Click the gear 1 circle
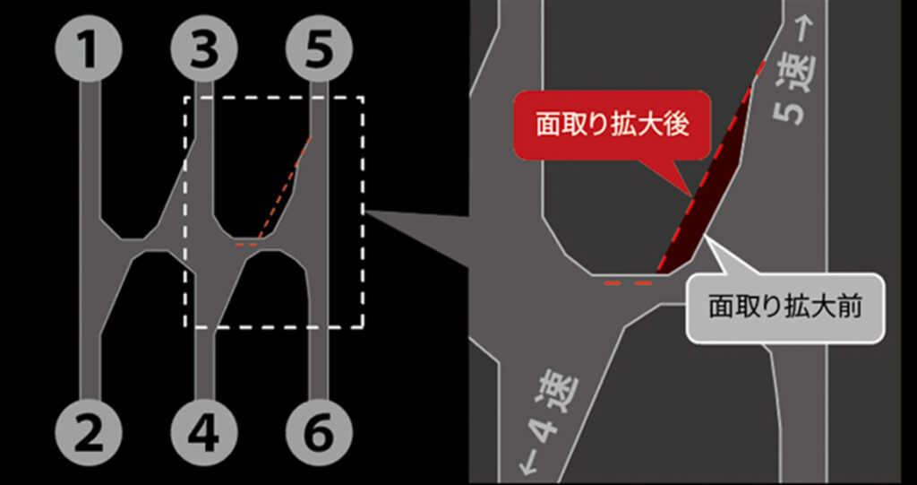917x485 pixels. click(x=89, y=48)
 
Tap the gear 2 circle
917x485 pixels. click(x=89, y=432)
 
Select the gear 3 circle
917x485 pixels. click(x=204, y=48)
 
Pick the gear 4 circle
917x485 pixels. click(x=204, y=432)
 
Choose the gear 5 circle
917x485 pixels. click(x=320, y=48)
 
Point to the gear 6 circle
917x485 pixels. click(x=320, y=432)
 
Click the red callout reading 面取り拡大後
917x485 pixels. click(x=613, y=125)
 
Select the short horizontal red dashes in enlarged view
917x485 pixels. click(x=628, y=282)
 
